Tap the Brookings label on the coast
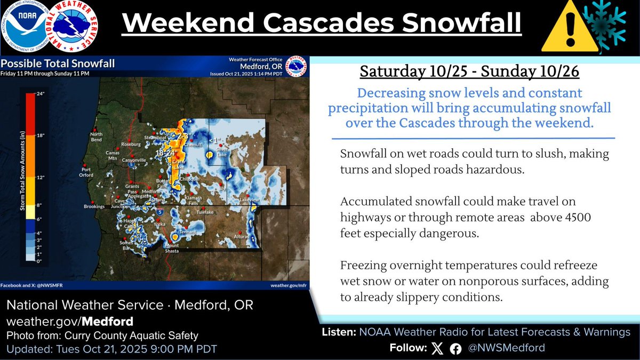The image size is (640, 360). pos(94,206)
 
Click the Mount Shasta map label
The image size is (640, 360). pos(172,248)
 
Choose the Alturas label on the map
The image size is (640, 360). pos(241,236)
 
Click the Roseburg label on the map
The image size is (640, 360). pos(131,144)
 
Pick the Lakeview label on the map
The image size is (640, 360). pos(249,199)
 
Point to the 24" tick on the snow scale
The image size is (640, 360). pos(39,94)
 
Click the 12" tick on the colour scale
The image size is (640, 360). pos(39,177)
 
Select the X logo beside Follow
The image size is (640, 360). pos(437,348)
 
